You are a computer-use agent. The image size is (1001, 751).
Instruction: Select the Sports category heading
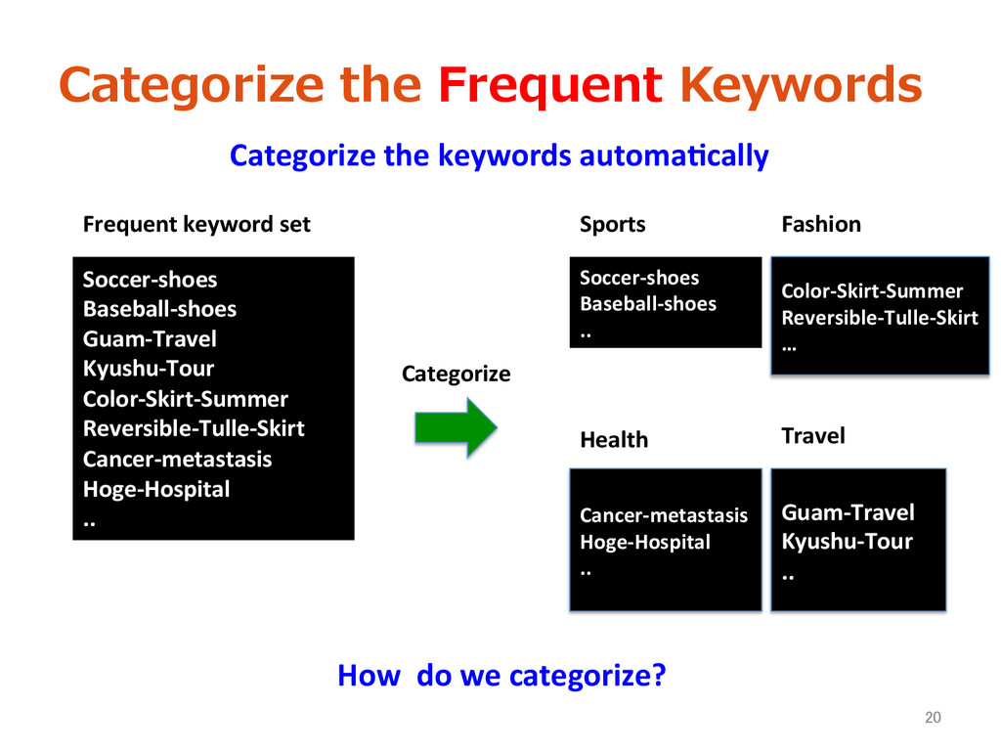click(x=612, y=225)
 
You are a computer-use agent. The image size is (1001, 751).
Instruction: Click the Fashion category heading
click(x=821, y=225)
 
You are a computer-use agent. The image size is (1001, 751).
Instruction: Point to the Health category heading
click(x=614, y=440)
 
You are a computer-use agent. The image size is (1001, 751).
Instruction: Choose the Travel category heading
click(x=813, y=435)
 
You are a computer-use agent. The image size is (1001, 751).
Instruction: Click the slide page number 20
click(x=933, y=719)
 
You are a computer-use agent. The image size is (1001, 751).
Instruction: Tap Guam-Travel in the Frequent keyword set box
click(x=150, y=339)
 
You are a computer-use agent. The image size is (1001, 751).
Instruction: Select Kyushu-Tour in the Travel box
click(x=847, y=542)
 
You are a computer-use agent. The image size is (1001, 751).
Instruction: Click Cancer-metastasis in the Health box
click(x=664, y=515)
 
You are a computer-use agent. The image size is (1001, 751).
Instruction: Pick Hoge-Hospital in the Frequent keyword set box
click(x=156, y=489)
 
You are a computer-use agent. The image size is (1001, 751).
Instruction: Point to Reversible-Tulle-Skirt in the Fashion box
click(x=880, y=318)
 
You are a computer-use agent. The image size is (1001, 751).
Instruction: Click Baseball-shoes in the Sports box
click(x=648, y=304)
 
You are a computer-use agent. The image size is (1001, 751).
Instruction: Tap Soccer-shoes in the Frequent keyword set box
click(x=150, y=280)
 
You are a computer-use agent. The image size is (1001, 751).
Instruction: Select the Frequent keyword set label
click(x=196, y=225)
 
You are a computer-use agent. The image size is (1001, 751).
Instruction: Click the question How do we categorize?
click(x=500, y=676)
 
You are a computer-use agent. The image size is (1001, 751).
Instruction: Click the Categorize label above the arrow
click(x=456, y=374)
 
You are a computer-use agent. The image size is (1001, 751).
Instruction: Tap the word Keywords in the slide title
click(x=801, y=86)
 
